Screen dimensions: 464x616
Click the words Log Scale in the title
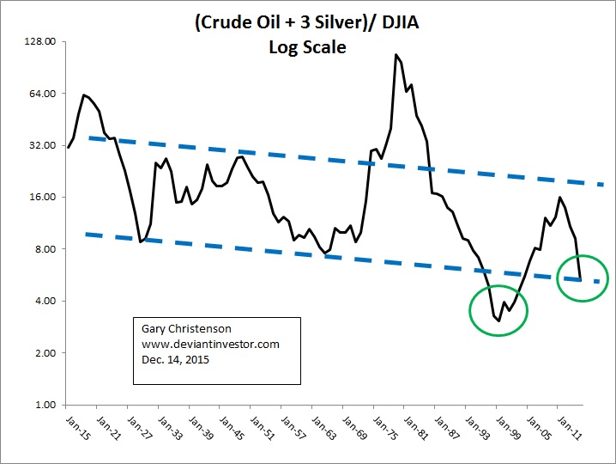pyautogui.click(x=306, y=47)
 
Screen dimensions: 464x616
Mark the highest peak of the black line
pyautogui.click(x=396, y=55)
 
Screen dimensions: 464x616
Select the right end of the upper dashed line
pyautogui.click(x=603, y=184)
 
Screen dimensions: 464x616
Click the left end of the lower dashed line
pyautogui.click(x=87, y=233)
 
